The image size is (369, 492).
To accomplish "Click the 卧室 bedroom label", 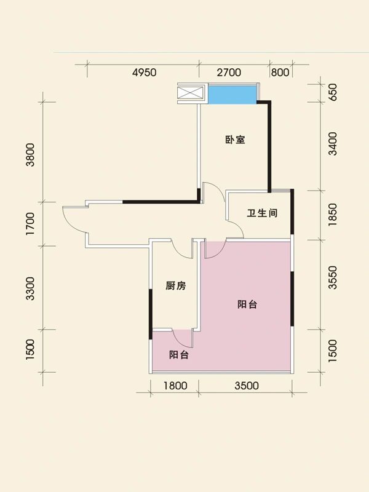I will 235,140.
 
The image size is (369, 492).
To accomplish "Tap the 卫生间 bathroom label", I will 263,213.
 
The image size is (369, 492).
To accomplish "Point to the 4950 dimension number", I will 145,73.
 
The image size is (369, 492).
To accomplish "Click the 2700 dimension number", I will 228,73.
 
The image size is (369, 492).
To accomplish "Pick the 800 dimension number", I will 280,73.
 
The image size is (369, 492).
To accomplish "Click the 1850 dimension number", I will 333,215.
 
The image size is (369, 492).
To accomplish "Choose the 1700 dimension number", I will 30,223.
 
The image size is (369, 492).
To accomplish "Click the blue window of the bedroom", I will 231,95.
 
